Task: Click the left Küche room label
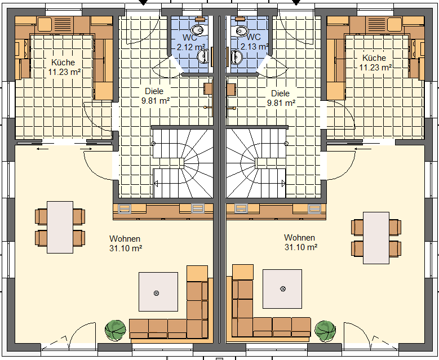[x=64, y=67]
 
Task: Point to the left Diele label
[x=156, y=96]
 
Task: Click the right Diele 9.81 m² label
[x=281, y=98]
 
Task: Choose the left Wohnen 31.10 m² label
[x=126, y=243]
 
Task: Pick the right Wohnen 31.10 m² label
[x=301, y=242]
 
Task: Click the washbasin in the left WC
[x=203, y=56]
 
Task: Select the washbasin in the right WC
[x=237, y=56]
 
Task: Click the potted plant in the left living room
[x=115, y=331]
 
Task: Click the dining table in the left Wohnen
[x=60, y=227]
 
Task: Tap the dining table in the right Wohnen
[x=376, y=238]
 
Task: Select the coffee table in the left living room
[x=158, y=292]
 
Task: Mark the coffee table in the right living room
[x=282, y=289]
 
